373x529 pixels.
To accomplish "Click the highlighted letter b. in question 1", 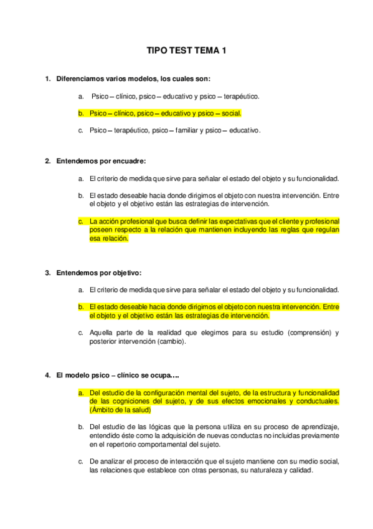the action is [81, 114].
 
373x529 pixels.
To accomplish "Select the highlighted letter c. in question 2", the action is [81, 221].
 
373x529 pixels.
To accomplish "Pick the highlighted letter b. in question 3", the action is [81, 307].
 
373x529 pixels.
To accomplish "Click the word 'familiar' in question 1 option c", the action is [186, 130].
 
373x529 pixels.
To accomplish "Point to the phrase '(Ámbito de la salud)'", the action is [121, 410].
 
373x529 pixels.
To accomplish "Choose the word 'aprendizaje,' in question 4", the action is [319, 427].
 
